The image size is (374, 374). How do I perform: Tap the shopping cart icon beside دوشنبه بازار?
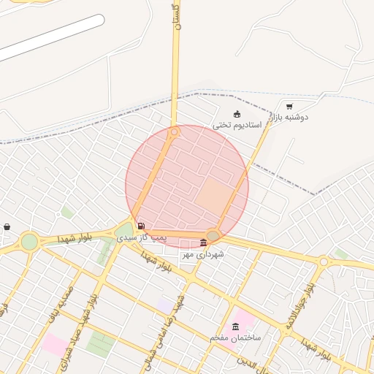pos(290,106)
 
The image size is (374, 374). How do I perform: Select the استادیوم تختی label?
pos(232,125)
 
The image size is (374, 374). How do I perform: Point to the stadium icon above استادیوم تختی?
pos(237,113)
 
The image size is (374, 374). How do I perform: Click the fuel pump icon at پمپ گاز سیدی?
pos(140,226)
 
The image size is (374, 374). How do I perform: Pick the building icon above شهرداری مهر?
pos(203,243)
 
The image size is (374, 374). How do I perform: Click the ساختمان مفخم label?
pos(235,337)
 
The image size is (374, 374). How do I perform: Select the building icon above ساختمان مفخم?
pos(235,327)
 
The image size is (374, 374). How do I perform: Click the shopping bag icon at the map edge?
pos(7,226)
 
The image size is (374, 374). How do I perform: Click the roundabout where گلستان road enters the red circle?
pos(174,132)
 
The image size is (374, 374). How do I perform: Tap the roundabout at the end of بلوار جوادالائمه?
pos(323,261)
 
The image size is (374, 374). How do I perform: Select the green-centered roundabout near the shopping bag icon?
pos(29,241)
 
